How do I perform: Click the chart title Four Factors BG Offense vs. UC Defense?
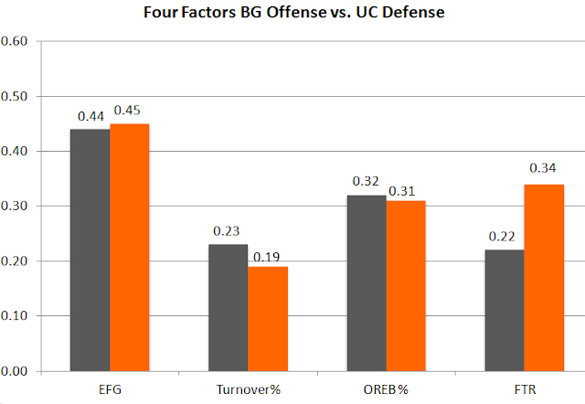pos(294,12)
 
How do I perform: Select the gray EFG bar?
pos(90,250)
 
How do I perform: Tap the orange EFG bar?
pos(130,248)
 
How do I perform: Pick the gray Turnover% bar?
pos(228,308)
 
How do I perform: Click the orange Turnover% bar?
pos(268,319)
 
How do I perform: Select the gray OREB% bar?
pos(367,283)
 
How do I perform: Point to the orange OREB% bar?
pos(406,286)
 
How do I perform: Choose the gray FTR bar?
pos(505,311)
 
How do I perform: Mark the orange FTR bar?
pos(544,278)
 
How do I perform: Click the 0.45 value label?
pos(127,111)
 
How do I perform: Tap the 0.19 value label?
pos(266,257)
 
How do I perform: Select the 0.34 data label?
pos(542,168)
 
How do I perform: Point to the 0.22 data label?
pos(502,237)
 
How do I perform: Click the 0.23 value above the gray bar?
pos(226,231)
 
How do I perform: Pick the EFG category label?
pos(110,389)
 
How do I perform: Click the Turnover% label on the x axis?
pos(248,389)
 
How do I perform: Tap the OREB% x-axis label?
pos(386,389)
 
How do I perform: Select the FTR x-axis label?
pos(525,389)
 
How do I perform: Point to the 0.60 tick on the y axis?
pos(15,41)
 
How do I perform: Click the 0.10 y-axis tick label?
pos(15,316)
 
